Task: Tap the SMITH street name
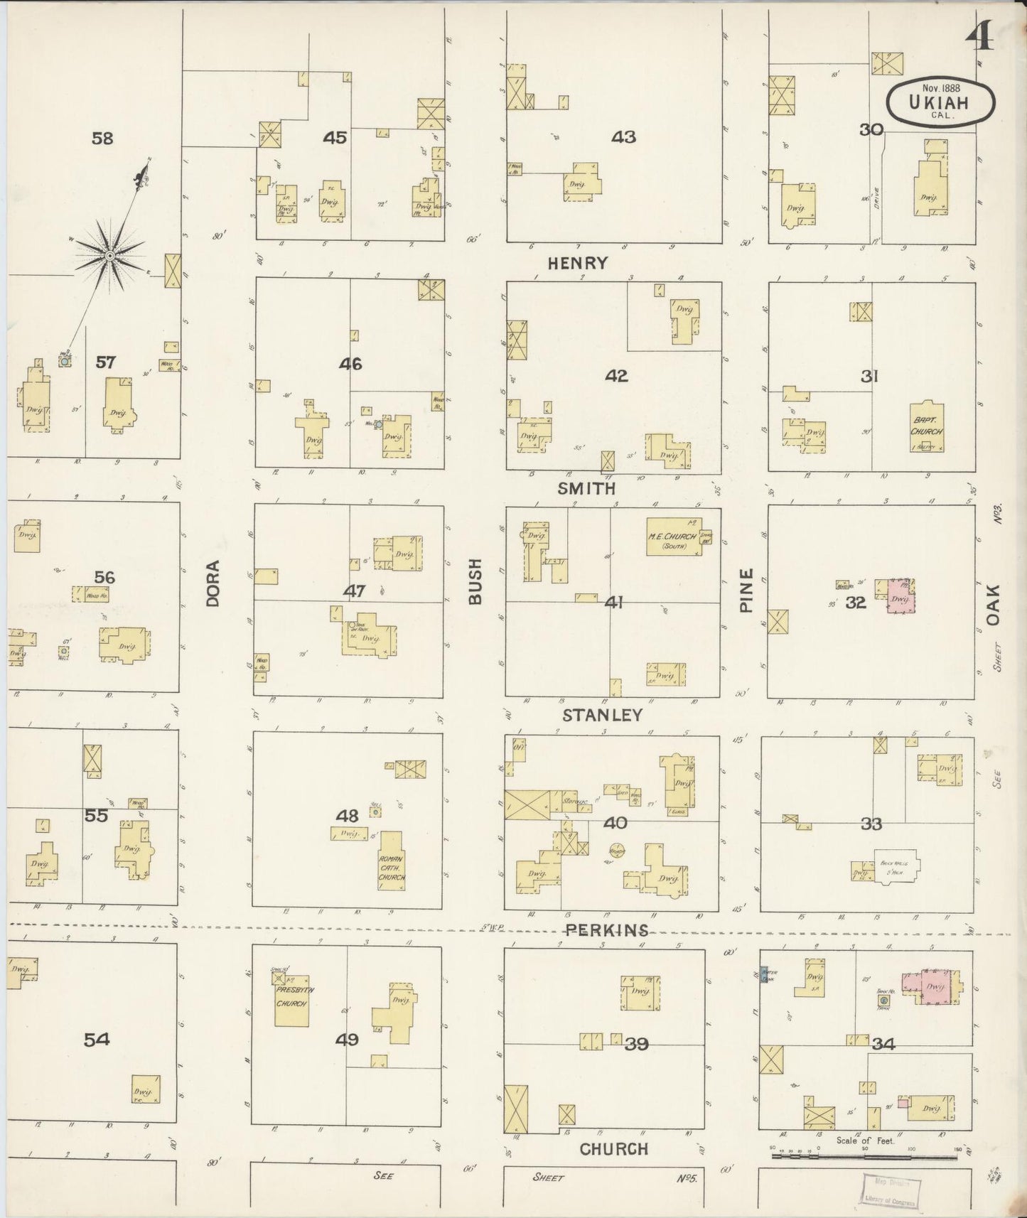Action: tap(586, 489)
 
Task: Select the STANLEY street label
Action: tap(603, 715)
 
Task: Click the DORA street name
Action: tap(212, 583)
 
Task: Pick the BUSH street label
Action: tap(475, 581)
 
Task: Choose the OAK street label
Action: tap(993, 605)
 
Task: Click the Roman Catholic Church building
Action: tap(392, 867)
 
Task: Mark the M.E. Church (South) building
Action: tap(672, 541)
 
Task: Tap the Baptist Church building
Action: tap(926, 428)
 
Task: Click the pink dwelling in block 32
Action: tap(900, 595)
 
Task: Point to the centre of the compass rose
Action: tap(110, 255)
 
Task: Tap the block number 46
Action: tap(350, 365)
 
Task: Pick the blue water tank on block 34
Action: tap(766, 974)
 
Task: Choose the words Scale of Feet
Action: tap(866, 1141)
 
